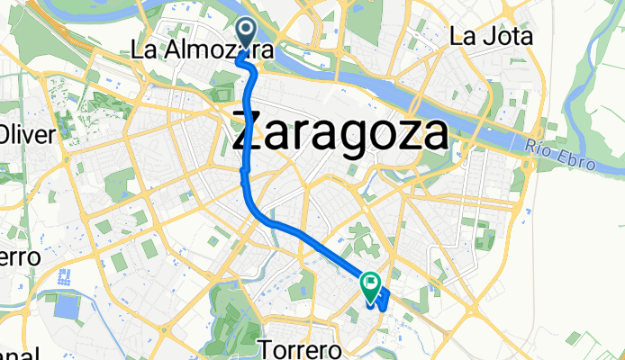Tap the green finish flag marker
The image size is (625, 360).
371,285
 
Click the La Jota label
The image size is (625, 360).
491,37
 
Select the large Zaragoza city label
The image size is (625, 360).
340,135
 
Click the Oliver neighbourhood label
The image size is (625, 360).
27,135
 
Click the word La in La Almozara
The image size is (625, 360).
144,50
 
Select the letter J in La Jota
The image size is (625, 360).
485,37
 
